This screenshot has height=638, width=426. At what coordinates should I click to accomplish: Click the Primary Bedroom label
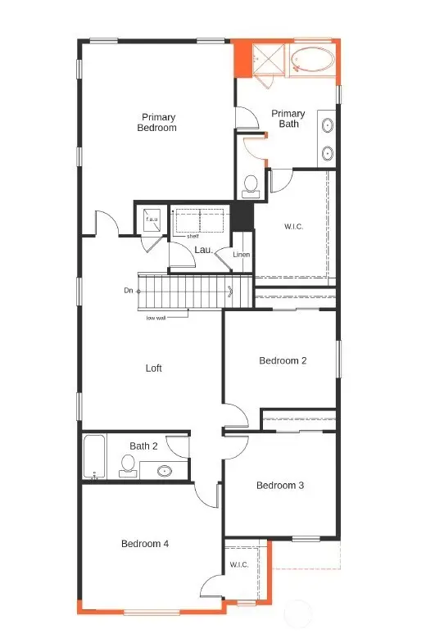point(157,122)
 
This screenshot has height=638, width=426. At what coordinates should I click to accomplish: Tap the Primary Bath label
point(288,119)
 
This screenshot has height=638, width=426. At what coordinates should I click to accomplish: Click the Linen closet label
point(241,255)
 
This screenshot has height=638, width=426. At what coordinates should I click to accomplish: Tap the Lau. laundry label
point(204,249)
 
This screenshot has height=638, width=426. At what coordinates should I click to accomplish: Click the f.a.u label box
point(152,219)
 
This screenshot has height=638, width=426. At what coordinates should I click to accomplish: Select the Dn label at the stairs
point(129,290)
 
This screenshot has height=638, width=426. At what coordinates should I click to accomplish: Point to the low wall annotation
point(156,317)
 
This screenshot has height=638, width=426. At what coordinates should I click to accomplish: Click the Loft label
point(154,368)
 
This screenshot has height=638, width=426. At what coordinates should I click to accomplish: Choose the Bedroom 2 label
point(282,360)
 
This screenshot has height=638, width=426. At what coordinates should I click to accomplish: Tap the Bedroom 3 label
point(280,486)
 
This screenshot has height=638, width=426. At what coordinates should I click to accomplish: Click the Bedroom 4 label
point(144,544)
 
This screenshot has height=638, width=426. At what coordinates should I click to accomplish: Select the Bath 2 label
point(144,446)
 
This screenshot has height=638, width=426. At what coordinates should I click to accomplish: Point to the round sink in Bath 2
point(164,471)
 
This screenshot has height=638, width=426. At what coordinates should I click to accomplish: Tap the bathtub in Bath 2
point(93,457)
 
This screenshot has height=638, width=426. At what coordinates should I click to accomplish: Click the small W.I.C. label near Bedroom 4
point(239,564)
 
